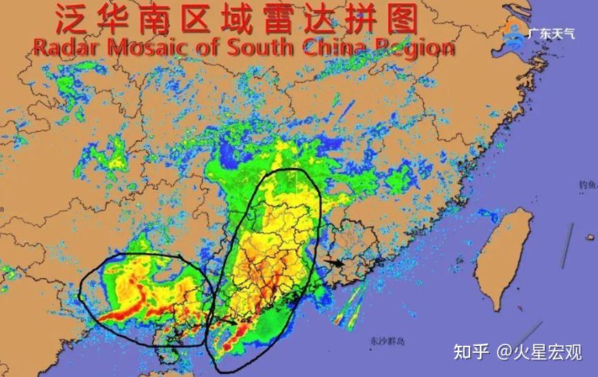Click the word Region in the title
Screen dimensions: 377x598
415,48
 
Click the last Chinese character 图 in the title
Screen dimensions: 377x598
401,18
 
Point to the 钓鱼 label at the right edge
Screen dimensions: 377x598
588,185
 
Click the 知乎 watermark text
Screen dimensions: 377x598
471,352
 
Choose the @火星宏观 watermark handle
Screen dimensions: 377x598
540,352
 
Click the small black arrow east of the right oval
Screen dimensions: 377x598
337,263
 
